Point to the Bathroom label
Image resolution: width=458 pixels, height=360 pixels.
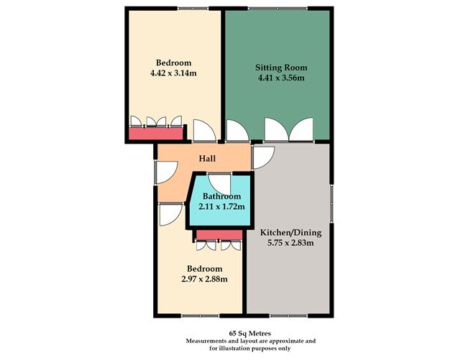[x=221, y=196]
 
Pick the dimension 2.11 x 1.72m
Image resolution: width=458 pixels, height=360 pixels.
[x=221, y=207]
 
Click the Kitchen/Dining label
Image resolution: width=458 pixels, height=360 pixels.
[x=290, y=232]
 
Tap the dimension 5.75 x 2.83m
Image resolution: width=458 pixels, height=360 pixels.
[x=290, y=244]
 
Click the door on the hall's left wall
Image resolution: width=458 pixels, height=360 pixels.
[x=165, y=171]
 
